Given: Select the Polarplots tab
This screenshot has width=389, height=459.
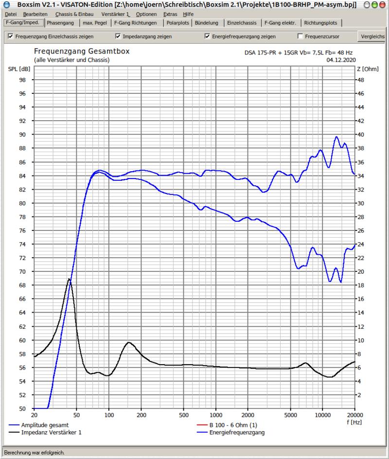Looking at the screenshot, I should pyautogui.click(x=177, y=23).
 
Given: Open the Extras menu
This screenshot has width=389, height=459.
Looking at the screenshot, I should pyautogui.click(x=170, y=14).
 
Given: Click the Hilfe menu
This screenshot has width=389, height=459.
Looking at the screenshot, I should pyautogui.click(x=188, y=14).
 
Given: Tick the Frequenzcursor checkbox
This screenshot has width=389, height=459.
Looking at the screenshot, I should pyautogui.click(x=301, y=36).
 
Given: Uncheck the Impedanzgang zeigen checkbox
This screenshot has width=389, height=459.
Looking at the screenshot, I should pyautogui.click(x=118, y=36).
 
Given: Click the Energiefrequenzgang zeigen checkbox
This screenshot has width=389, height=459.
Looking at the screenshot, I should pyautogui.click(x=208, y=36).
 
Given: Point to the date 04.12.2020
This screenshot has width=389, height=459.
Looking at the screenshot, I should pyautogui.click(x=340, y=60).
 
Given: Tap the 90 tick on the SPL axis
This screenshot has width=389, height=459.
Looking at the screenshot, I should pyautogui.click(x=22, y=135).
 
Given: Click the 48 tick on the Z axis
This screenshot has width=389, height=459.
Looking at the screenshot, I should pyautogui.click(x=360, y=80).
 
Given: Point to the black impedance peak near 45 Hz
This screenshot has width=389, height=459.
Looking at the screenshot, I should pyautogui.click(x=70, y=279).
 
